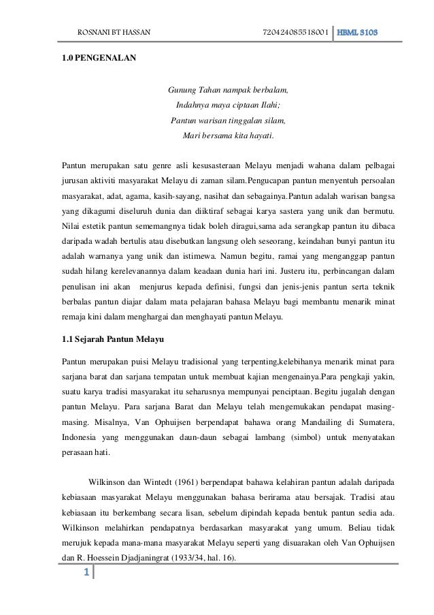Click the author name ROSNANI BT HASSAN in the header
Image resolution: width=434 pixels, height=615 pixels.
pos(114,33)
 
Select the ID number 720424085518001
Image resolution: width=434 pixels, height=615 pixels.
pos(295,33)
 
